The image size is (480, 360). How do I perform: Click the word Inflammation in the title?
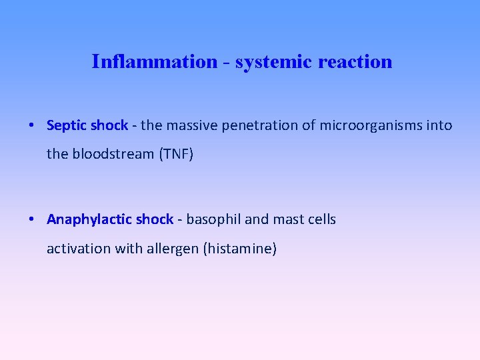click(154, 62)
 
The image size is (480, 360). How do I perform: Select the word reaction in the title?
click(355, 62)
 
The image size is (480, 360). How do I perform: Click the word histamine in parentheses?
click(241, 249)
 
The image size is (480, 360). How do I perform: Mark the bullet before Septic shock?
click(32, 125)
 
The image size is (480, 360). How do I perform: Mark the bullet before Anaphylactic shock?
click(32, 219)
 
